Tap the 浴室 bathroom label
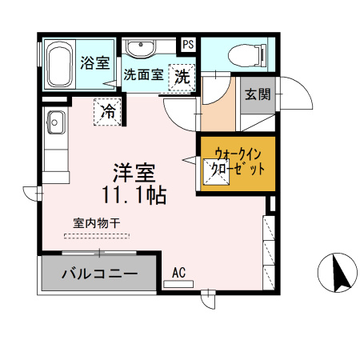pyautogui.click(x=96, y=63)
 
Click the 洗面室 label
pyautogui.click(x=144, y=76)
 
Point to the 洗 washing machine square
pyautogui.click(x=183, y=78)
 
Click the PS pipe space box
pyautogui.click(x=189, y=45)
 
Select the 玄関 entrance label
pyautogui.click(x=257, y=94)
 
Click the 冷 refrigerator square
pyautogui.click(x=108, y=111)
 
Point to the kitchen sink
pyautogui.click(x=56, y=122)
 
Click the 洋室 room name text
pyautogui.click(x=133, y=171)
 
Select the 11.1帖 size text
pyautogui.click(x=134, y=194)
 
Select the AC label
pyautogui.click(x=178, y=274)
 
